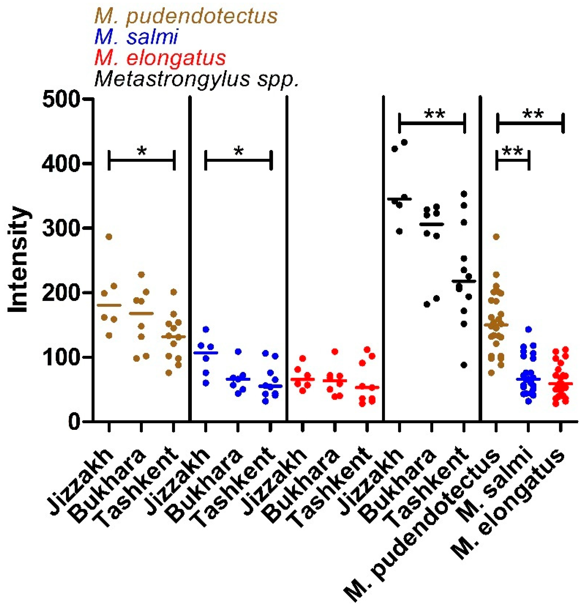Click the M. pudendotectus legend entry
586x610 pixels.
tap(186, 16)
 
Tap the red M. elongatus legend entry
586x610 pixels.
tap(160, 58)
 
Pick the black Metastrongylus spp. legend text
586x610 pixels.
tap(197, 79)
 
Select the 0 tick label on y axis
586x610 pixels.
tap(74, 422)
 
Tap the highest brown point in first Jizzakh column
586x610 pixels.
tap(109, 237)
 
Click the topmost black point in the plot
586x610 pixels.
tap(404, 143)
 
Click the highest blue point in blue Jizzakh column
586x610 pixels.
tap(206, 329)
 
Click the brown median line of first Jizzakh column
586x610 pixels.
tap(109, 305)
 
